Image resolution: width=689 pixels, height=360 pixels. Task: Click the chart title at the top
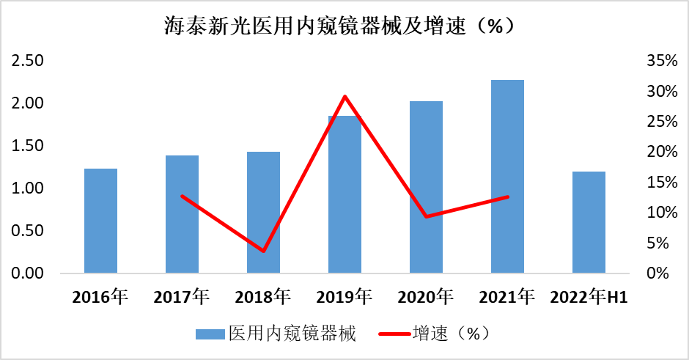(344, 26)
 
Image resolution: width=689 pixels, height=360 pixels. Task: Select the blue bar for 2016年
(100, 221)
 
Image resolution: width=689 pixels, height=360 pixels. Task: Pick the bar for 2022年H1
(589, 222)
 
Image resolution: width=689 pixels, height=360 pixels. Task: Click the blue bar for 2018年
(263, 213)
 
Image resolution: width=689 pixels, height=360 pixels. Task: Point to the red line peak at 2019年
(344, 97)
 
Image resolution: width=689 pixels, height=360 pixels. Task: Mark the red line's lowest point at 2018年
(263, 251)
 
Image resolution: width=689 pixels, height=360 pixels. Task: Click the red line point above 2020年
(426, 216)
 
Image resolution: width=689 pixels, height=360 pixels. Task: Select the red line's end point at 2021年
(507, 196)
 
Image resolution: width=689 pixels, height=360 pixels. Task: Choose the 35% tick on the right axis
(661, 61)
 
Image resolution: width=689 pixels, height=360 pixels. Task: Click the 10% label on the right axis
(661, 213)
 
